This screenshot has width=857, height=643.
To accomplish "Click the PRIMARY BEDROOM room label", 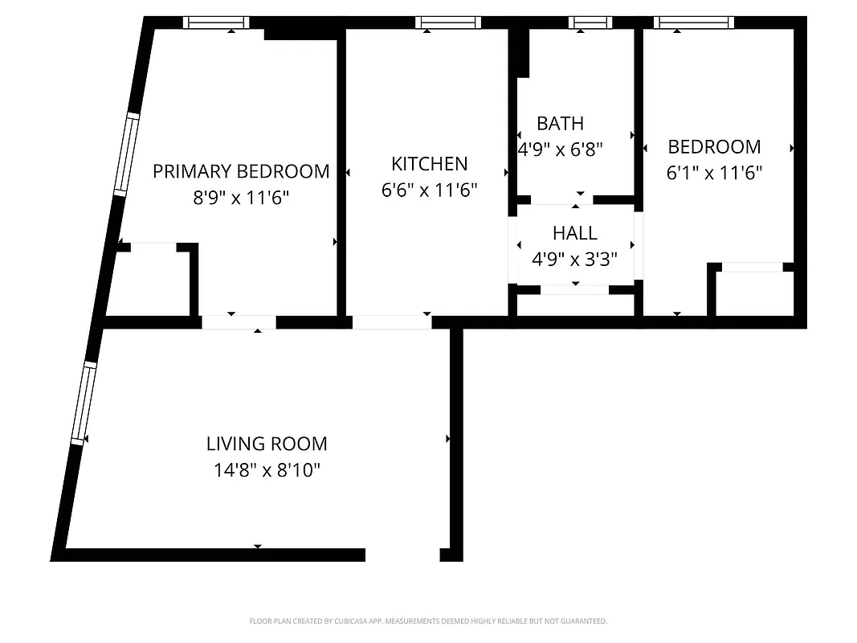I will click(x=241, y=171).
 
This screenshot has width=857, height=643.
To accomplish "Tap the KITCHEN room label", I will click(x=429, y=164).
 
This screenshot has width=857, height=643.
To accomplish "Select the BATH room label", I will click(x=560, y=124).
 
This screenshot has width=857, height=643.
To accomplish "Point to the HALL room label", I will click(x=575, y=233).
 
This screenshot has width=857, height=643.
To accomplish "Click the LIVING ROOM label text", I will click(x=267, y=444).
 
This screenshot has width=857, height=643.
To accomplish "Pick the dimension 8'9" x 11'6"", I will click(x=241, y=198).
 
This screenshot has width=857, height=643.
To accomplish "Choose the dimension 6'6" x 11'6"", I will click(x=429, y=190).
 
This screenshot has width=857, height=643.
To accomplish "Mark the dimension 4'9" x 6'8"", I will click(x=560, y=149).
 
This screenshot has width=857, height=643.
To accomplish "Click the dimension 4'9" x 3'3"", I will click(x=575, y=260).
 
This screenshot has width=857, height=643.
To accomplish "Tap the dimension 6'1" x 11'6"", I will click(x=714, y=173).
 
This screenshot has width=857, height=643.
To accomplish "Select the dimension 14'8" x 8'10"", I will click(x=267, y=470).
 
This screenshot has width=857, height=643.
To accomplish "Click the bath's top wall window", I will click(x=590, y=23).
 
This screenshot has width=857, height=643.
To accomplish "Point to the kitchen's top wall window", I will click(x=448, y=23).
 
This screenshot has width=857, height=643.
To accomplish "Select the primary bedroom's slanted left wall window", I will click(x=125, y=154).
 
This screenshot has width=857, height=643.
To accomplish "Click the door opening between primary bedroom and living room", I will click(x=239, y=322).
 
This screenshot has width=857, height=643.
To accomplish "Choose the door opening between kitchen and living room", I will click(x=392, y=322).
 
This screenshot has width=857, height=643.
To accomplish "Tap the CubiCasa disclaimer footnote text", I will click(x=428, y=621).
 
